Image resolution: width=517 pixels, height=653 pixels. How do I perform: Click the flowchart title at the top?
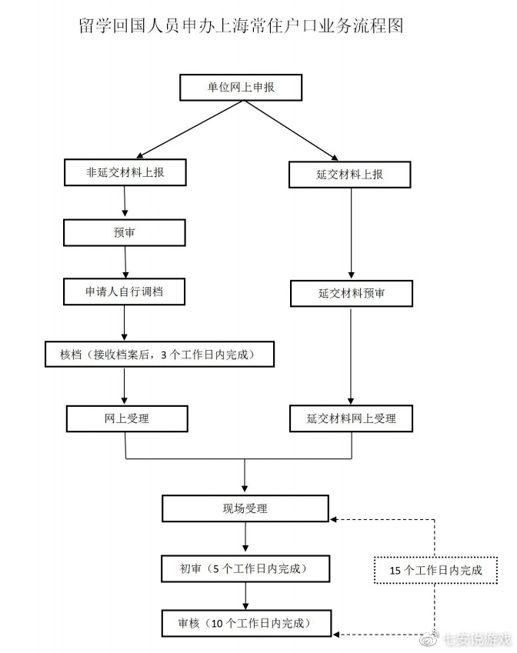[x=241, y=25]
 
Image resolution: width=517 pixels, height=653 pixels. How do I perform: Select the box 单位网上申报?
[x=241, y=88]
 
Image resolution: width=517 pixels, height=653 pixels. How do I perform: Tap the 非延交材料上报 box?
[x=125, y=172]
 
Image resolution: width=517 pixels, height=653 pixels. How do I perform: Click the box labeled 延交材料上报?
[x=349, y=175]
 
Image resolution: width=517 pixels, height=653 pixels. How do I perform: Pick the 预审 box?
[x=124, y=232]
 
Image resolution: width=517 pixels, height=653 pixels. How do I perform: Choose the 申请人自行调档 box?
[x=124, y=292]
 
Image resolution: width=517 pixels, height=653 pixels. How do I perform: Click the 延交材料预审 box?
[x=351, y=294]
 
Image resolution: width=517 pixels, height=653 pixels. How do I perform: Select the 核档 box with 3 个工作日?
[x=159, y=355]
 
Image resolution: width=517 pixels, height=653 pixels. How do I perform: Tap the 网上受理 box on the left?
[x=127, y=418]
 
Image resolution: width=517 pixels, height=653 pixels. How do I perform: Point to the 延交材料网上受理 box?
[x=351, y=418]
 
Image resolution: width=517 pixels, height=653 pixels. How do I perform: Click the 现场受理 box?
[x=245, y=508]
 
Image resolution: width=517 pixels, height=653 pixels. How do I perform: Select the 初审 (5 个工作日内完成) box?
[x=245, y=569]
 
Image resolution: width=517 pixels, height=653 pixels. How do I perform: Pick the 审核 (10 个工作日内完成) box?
[x=246, y=624]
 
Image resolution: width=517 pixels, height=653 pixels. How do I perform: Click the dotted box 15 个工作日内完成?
[x=435, y=570]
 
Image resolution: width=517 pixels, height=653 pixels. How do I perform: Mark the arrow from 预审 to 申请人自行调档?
[x=125, y=262]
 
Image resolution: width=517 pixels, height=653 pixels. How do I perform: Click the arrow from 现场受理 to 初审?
[x=245, y=537]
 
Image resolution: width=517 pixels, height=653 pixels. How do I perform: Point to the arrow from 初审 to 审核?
[x=245, y=596]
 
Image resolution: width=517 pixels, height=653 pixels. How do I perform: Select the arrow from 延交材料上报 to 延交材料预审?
[x=351, y=233]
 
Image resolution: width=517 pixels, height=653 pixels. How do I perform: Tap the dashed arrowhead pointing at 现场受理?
[x=333, y=520]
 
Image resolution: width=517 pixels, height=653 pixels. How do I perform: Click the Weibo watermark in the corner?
[x=465, y=638]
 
